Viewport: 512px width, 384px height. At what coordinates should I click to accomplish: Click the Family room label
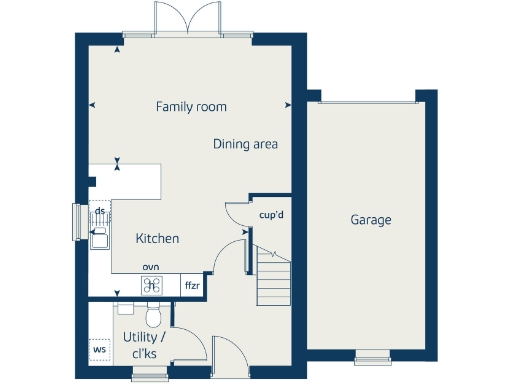tap(191, 107)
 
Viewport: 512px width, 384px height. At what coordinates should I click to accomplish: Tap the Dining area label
tap(245, 144)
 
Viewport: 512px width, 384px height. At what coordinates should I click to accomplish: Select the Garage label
tap(371, 220)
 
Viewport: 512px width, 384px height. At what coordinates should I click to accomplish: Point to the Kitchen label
tap(157, 239)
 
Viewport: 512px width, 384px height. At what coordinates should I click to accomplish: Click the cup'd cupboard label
tap(272, 215)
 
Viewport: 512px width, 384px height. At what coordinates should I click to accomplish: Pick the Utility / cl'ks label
tap(145, 347)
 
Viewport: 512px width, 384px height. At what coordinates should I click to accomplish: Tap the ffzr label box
tap(192, 286)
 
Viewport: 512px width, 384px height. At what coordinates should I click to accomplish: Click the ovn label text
tap(151, 267)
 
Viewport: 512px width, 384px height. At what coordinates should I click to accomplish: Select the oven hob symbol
tap(151, 285)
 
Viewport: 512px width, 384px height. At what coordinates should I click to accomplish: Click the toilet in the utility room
tap(152, 316)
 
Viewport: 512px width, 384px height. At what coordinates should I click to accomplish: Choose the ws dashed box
tap(99, 350)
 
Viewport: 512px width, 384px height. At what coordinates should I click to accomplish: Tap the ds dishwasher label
tap(100, 212)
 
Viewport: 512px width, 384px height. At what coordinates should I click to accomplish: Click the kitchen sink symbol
tap(99, 236)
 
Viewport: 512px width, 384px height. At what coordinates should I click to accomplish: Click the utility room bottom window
tap(150, 375)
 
